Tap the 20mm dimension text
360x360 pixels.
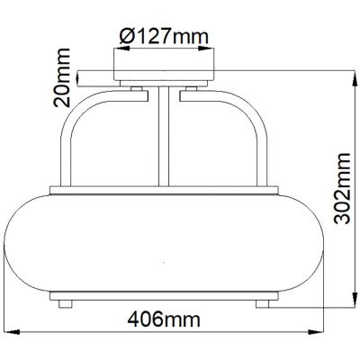click(63, 83)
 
